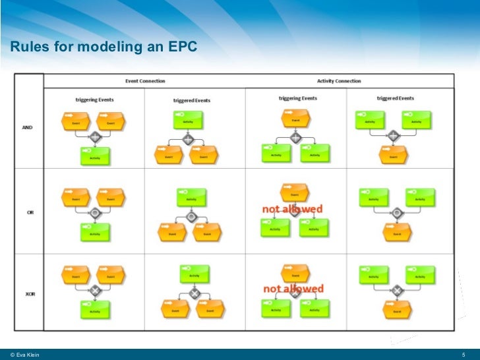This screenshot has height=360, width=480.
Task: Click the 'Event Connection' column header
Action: (145, 81)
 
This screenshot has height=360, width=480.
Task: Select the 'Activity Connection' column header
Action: (339, 81)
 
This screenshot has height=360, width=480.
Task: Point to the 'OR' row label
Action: (30, 212)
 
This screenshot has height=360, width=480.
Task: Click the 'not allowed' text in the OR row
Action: (293, 209)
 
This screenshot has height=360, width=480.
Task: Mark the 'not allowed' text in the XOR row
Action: (293, 288)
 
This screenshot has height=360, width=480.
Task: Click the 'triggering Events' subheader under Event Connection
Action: (94, 100)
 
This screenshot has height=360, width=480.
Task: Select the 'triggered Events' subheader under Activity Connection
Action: (396, 98)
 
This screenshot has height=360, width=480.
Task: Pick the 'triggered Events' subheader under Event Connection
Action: (192, 100)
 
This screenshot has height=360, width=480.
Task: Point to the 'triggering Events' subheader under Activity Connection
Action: (297, 98)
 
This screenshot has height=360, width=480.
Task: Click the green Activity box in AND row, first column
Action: (96, 156)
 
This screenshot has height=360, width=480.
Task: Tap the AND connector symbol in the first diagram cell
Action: (95, 138)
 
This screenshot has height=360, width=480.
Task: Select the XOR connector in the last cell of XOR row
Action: (397, 290)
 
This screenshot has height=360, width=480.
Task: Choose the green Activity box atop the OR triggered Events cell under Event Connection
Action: (191, 196)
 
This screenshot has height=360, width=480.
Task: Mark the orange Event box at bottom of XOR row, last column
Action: (397, 308)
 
